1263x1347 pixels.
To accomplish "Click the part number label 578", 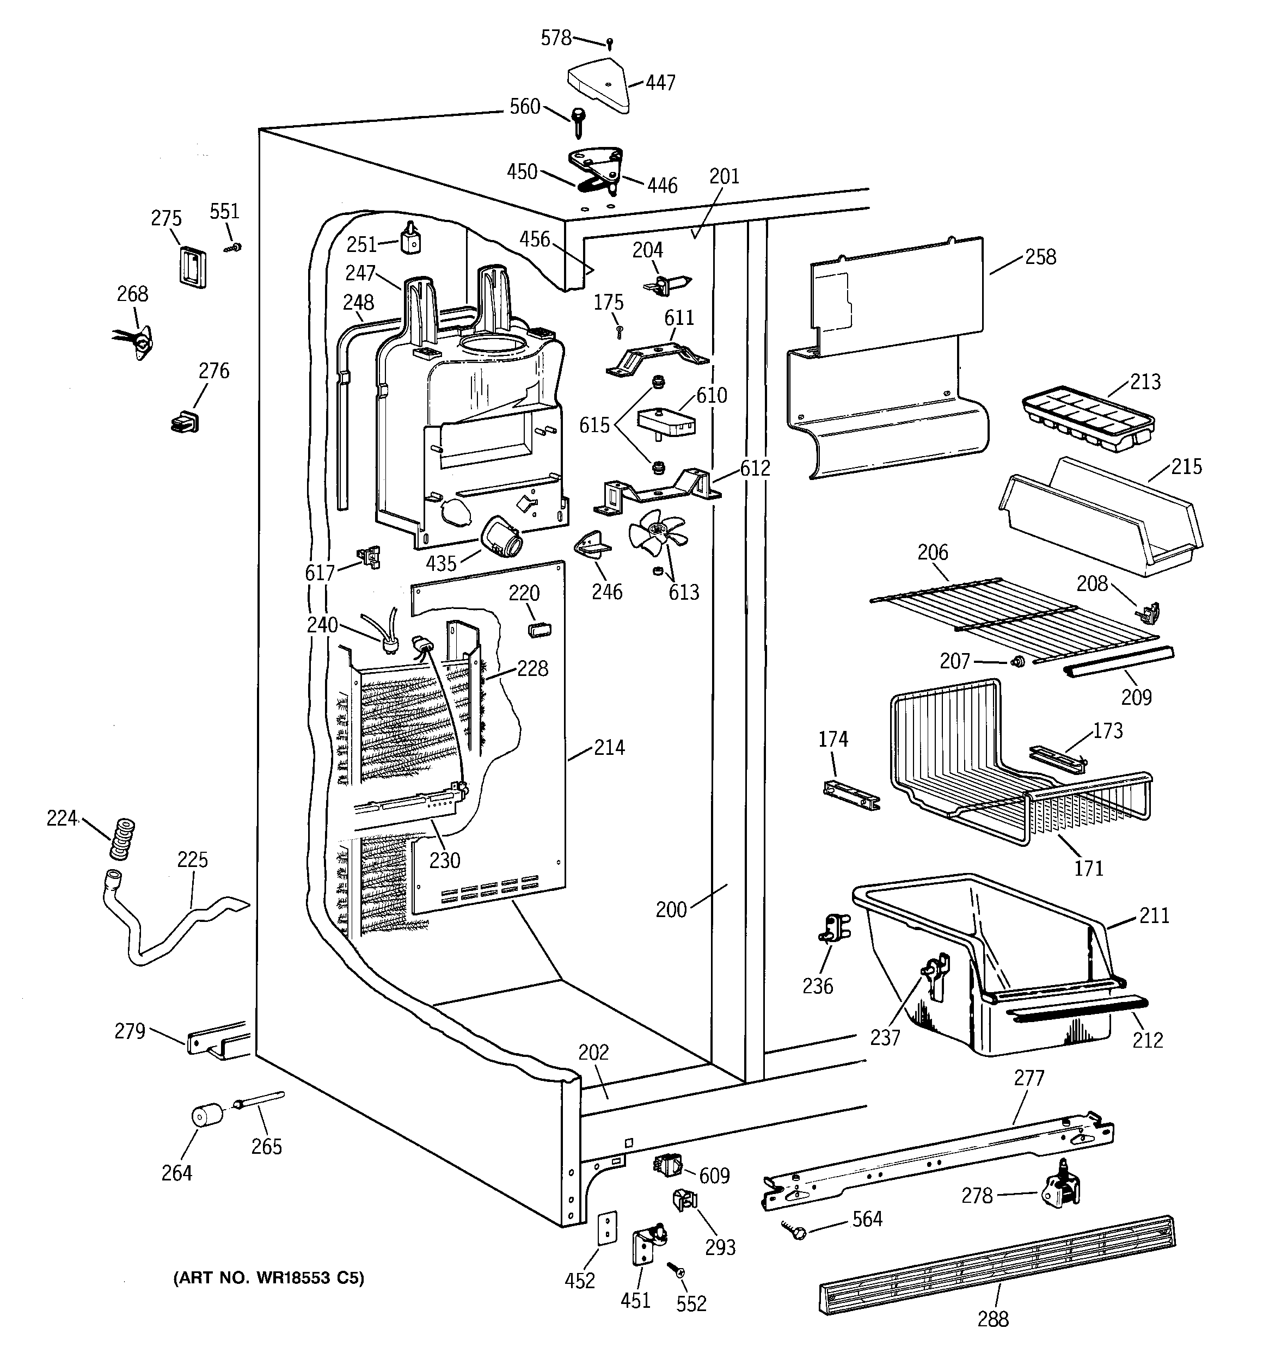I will pos(556,38).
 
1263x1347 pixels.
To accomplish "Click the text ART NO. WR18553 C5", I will pos(269,1278).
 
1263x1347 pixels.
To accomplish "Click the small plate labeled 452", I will pos(608,1228).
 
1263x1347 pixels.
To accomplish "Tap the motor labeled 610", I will pos(666,422).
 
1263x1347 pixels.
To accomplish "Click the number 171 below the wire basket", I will pos(1088,868).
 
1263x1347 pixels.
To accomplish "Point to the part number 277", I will pos(1028,1078).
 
